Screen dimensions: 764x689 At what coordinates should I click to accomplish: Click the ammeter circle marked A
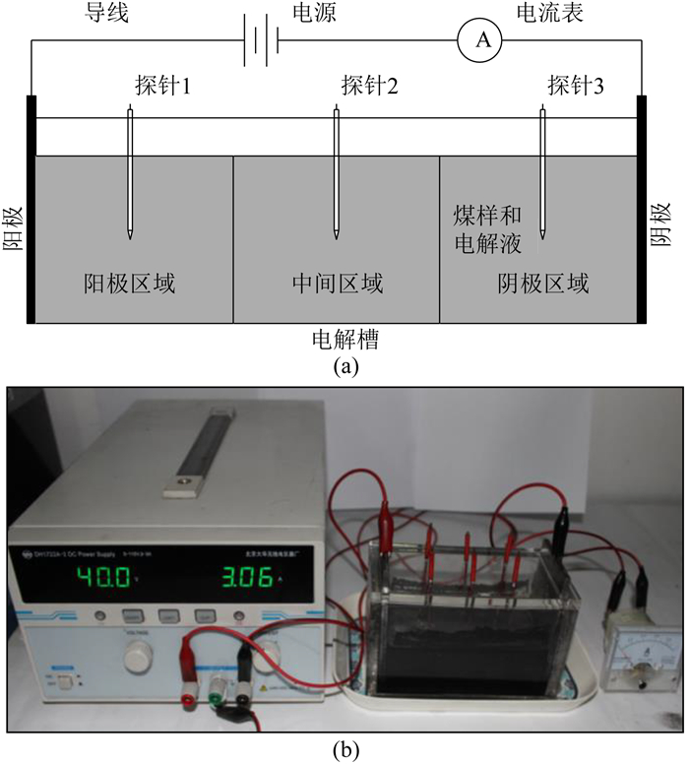tap(482, 38)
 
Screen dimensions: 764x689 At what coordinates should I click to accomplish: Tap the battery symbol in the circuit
tap(262, 39)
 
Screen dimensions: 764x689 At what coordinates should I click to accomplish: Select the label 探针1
tap(162, 86)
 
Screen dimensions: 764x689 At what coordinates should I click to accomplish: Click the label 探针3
tap(576, 86)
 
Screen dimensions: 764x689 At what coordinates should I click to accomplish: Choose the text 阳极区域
tap(130, 285)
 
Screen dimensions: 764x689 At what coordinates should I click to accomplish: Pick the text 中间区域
tap(338, 285)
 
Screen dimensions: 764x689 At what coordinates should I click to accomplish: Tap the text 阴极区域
tap(543, 285)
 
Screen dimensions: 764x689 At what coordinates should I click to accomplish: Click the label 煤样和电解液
tap(487, 227)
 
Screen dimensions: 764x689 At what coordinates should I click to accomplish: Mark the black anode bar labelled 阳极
tap(31, 209)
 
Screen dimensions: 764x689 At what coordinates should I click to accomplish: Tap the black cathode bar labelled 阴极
tap(643, 209)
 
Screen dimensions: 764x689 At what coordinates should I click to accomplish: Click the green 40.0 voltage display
tap(102, 577)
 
